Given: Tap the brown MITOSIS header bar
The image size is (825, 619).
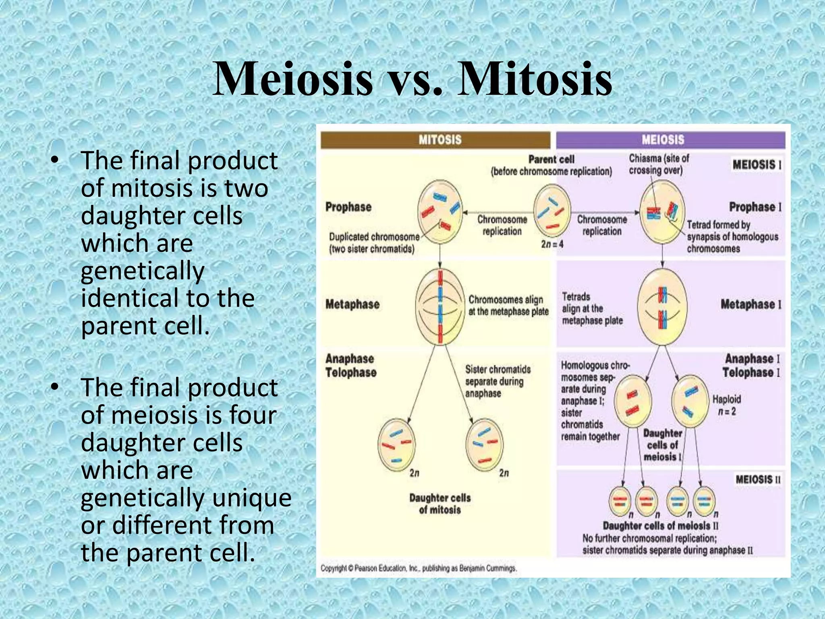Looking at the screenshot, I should coord(435,140).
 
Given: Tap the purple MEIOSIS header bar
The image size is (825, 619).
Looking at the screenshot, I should coord(670,140).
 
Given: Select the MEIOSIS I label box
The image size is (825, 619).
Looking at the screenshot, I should coord(757,165).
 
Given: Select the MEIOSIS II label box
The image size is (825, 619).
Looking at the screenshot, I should coord(758,480).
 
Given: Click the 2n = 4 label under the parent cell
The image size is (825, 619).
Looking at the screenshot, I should coord(552,244).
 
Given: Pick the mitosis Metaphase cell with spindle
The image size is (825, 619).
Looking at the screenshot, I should coord(440,307).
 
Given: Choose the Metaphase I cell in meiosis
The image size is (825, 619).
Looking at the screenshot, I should coord(662,307).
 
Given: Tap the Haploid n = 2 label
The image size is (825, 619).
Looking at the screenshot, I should coord(726,405).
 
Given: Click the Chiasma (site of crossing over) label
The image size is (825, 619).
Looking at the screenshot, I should coord(659,164).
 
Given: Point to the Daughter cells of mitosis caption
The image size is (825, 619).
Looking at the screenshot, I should coord(440,504).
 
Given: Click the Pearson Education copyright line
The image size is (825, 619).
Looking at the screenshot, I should coord(418,568).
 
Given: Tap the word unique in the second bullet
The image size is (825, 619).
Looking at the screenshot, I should coord(252,498).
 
